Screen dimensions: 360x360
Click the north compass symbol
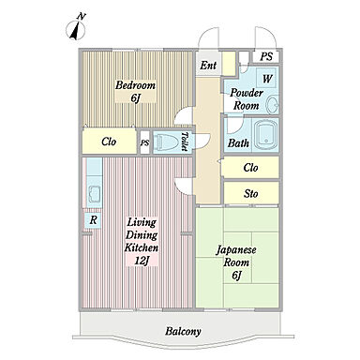pos(76,28)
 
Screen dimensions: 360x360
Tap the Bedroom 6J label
pos(135,91)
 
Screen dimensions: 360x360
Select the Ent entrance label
pos(208,66)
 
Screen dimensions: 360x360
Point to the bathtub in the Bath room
pos(265,135)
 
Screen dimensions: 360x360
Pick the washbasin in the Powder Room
pos(273,104)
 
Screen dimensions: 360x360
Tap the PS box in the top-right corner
pos(266,56)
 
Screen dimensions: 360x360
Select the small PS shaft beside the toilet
pos(144,142)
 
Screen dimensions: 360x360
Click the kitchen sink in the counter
pos(94,194)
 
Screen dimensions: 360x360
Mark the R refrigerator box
pos(93,220)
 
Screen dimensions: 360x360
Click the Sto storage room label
pos(251,194)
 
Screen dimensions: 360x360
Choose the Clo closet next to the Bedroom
pos(110,142)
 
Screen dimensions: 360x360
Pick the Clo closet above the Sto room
pos(250,168)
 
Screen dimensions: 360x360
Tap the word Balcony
pos(183,331)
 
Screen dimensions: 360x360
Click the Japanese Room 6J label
pos(236,262)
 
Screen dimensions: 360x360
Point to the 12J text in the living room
pos(142,261)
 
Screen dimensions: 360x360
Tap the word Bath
pos(238,143)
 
